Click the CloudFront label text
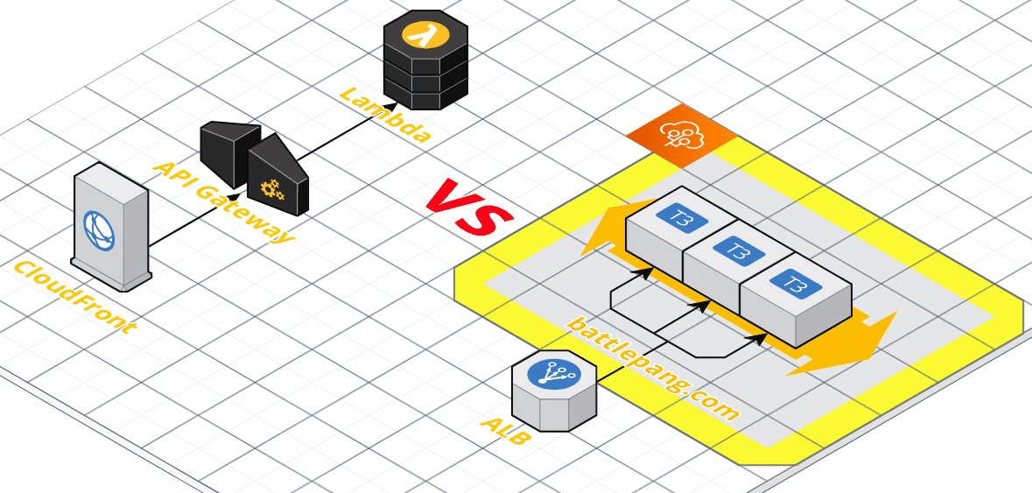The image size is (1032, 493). point(74,296)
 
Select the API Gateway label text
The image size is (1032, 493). point(221,200)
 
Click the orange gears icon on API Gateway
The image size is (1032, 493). point(271,187)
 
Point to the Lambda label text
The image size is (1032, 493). point(385,115)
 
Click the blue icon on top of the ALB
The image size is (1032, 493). point(552,377)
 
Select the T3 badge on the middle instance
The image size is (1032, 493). point(734,251)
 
